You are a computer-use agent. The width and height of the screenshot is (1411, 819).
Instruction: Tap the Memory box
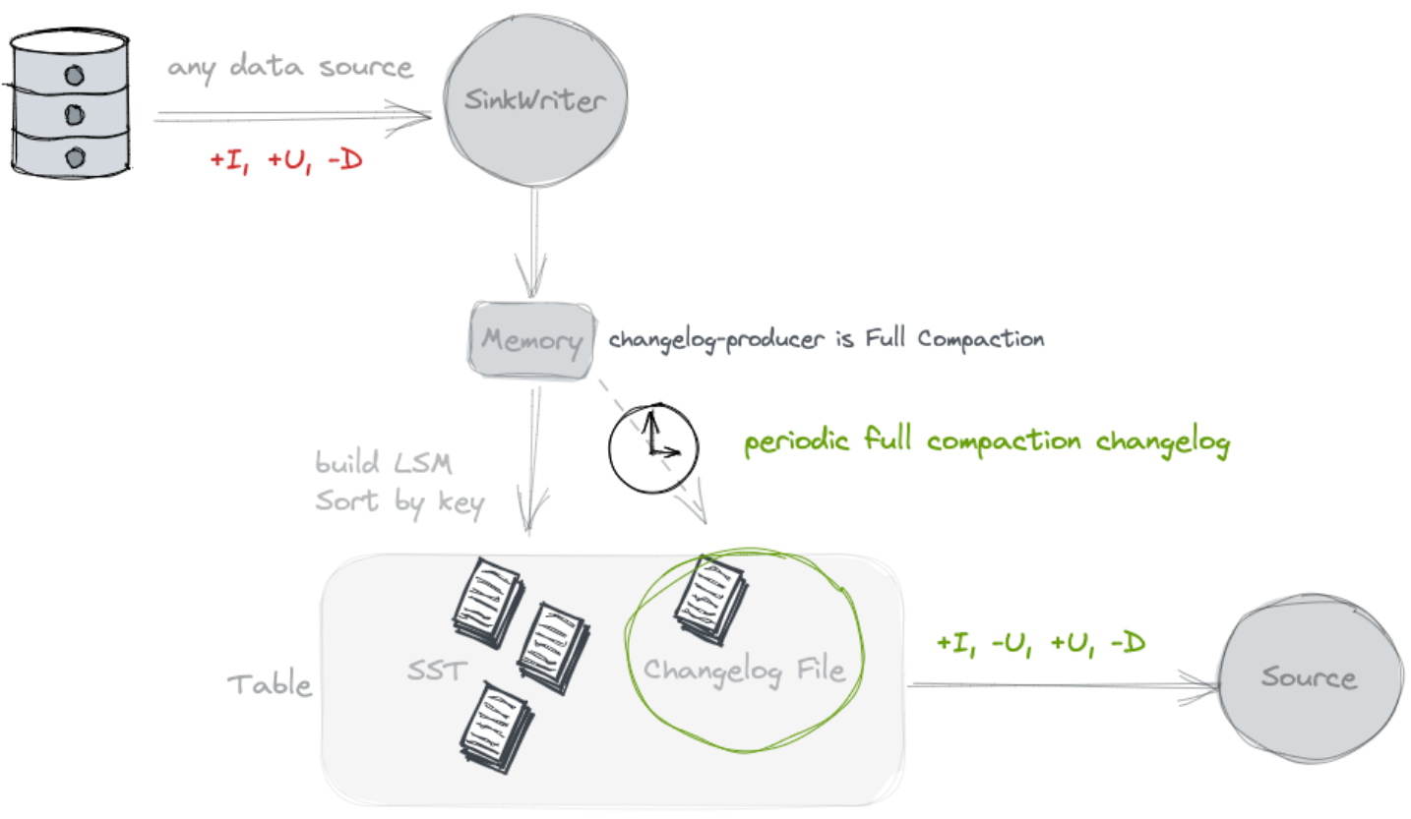click(x=531, y=341)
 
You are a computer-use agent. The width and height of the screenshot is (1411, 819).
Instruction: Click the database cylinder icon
click(x=72, y=103)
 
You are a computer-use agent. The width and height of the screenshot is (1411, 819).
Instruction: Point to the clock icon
click(x=652, y=448)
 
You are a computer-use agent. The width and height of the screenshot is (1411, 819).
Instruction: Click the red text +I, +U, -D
click(x=285, y=160)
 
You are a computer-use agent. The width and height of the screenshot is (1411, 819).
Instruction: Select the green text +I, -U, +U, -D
click(x=1041, y=644)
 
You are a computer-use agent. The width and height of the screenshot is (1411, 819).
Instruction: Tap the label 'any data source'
click(x=289, y=69)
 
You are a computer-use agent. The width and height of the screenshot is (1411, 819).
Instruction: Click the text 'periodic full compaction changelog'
click(x=986, y=442)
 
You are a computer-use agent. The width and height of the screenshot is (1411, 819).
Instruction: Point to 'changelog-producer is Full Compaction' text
click(x=826, y=340)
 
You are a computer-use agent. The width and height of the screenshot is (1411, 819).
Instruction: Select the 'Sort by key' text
click(x=399, y=502)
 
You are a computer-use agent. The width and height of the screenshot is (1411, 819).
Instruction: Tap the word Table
click(x=269, y=684)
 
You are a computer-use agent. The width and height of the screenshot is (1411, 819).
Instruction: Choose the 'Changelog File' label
click(x=744, y=671)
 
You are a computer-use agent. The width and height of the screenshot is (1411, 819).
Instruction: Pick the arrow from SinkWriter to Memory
click(x=532, y=240)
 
